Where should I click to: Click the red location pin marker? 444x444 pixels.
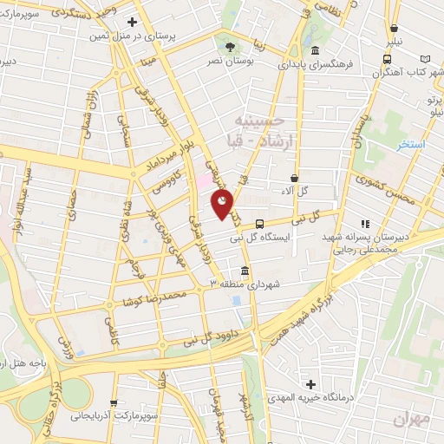coord(222,204)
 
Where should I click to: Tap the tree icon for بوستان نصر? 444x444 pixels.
coord(230,47)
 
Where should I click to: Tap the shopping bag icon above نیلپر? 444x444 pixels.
coord(395,26)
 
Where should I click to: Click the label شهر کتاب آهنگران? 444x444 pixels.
coord(404,74)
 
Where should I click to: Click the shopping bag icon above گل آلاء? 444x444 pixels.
coord(295,178)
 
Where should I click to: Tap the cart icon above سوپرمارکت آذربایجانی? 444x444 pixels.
coord(114,403)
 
